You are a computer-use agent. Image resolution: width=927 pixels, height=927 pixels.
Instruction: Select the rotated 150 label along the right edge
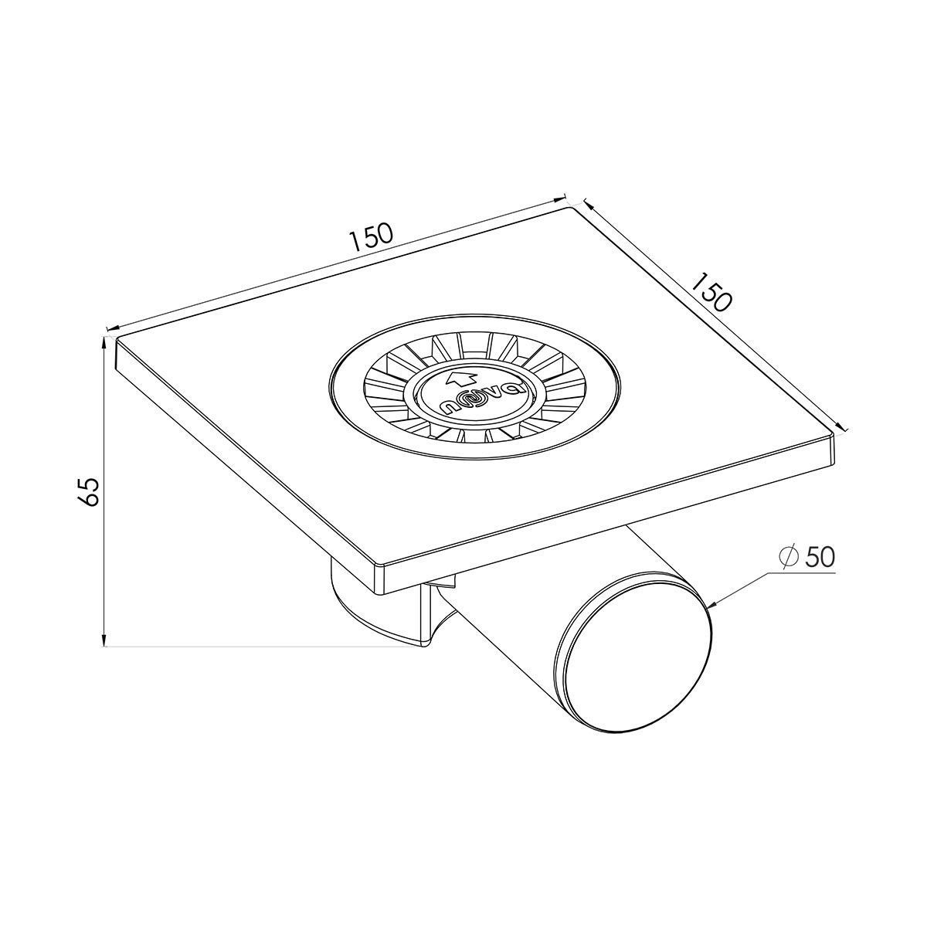click(712, 292)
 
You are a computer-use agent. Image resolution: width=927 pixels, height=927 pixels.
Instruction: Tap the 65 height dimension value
click(89, 491)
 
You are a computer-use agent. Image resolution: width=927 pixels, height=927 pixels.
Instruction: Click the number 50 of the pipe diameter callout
click(820, 557)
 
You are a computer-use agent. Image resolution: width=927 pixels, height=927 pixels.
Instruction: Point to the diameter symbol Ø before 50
click(789, 558)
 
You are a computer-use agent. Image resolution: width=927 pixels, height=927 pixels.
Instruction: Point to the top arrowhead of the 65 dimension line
click(104, 342)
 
